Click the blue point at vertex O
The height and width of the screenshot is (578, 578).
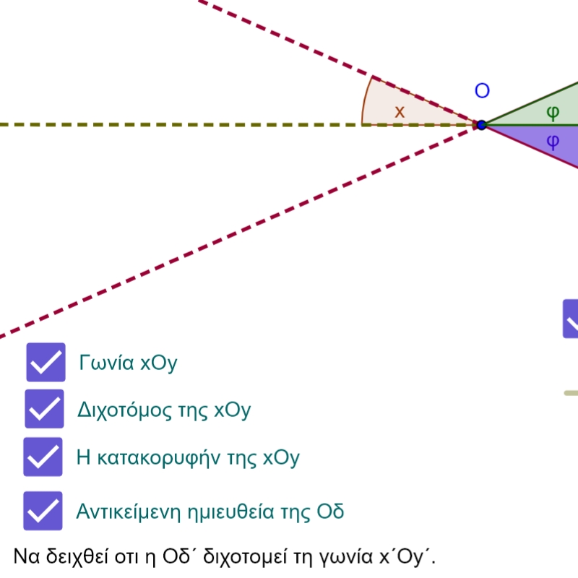(x=481, y=125)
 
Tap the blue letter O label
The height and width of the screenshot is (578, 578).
(x=482, y=91)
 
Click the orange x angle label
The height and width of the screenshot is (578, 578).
(x=400, y=112)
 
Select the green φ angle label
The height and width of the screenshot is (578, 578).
(x=553, y=113)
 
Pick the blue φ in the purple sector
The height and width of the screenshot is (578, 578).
(x=553, y=142)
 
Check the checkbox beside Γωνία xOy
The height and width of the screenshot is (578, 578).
(x=46, y=362)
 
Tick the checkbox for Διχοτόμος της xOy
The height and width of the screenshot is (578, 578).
(x=44, y=408)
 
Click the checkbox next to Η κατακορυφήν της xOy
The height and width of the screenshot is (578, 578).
(x=43, y=457)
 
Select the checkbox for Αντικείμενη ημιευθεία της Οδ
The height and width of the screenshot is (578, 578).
(x=43, y=511)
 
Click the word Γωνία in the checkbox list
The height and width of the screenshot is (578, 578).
(x=106, y=363)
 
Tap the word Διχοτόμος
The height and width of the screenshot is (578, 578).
(x=124, y=410)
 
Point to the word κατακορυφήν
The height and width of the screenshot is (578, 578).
(x=159, y=458)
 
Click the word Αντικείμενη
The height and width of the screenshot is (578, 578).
(x=129, y=512)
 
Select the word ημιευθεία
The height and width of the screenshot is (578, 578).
(x=230, y=512)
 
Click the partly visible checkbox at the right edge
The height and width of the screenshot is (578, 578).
(x=571, y=319)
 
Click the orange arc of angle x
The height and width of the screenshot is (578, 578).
(x=364, y=100)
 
